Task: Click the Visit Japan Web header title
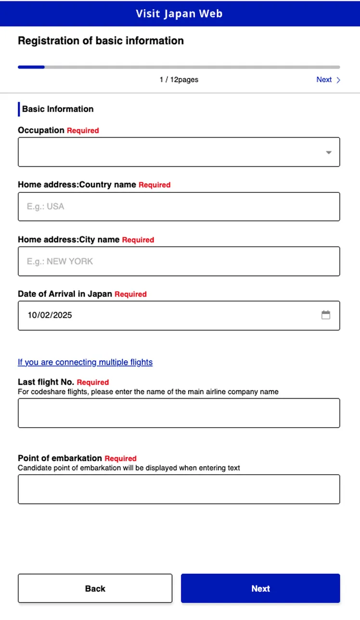[x=179, y=13]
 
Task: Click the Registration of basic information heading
[x=101, y=41]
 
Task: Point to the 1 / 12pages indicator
[x=179, y=80]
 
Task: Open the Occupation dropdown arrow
[x=329, y=152]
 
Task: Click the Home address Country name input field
[x=179, y=207]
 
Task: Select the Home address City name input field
[x=179, y=261]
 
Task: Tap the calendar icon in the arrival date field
[x=326, y=315]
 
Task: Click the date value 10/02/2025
[x=50, y=316]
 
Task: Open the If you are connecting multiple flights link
[x=85, y=362]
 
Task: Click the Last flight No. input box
[x=179, y=413]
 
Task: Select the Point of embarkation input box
[x=179, y=489]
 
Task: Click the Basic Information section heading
[x=58, y=109]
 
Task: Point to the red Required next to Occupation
[x=83, y=131]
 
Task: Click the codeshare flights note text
[x=148, y=392]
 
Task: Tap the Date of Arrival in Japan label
[x=65, y=294]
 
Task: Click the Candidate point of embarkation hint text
[x=129, y=468]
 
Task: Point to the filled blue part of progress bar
[x=31, y=67]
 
